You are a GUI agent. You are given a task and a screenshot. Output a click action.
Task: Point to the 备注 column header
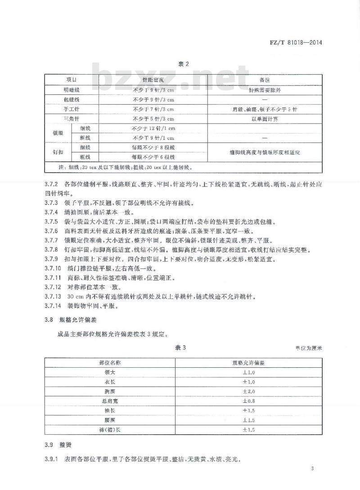coord(264,79)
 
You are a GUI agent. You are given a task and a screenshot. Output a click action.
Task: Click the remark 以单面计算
coord(264,119)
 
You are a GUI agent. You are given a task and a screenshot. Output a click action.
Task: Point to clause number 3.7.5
coord(52,222)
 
